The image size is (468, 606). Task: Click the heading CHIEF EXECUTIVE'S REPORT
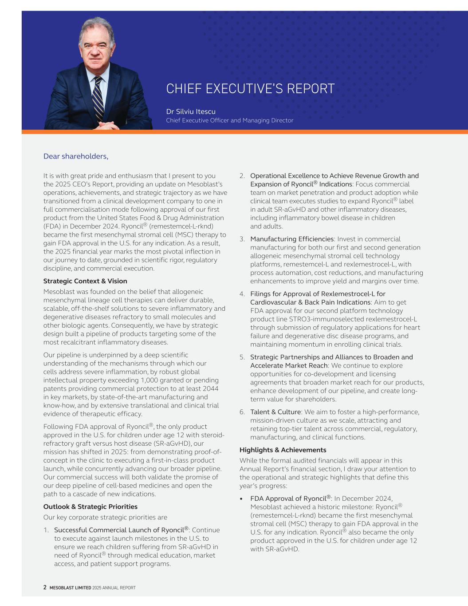click(x=250, y=89)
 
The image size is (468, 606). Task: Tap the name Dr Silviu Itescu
click(x=191, y=111)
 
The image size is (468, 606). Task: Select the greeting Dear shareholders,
click(x=76, y=156)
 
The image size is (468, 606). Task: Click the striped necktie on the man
click(x=98, y=98)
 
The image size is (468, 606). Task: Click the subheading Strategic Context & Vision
click(x=85, y=281)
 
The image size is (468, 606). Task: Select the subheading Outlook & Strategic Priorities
click(x=90, y=507)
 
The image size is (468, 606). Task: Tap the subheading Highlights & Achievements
click(x=283, y=450)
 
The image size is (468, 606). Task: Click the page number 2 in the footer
click(x=45, y=587)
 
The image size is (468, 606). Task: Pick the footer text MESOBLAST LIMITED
click(x=70, y=588)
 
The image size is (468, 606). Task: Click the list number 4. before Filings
click(x=242, y=294)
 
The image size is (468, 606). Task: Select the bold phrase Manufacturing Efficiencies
click(x=292, y=239)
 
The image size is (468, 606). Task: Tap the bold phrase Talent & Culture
click(x=275, y=412)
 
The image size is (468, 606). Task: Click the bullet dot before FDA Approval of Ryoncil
click(x=241, y=499)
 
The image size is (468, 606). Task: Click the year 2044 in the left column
click(x=210, y=388)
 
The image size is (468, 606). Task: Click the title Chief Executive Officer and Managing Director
click(x=230, y=120)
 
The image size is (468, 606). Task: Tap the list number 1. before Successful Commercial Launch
click(x=46, y=530)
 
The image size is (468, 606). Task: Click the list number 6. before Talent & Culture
click(x=242, y=412)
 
